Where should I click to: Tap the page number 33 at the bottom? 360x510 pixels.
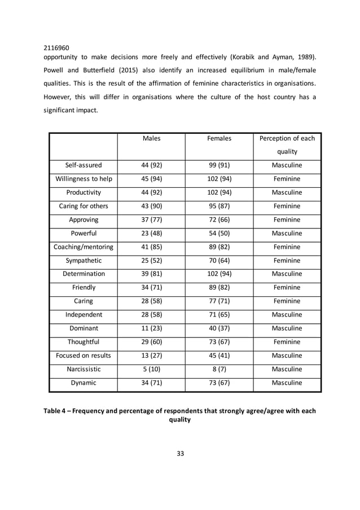[x=179, y=453]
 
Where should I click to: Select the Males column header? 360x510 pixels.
[x=151, y=138]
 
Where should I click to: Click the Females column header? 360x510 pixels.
[x=219, y=138]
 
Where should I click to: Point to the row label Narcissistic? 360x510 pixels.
[x=84, y=369]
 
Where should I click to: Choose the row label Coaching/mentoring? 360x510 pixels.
[x=84, y=247]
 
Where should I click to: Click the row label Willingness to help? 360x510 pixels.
[x=84, y=179]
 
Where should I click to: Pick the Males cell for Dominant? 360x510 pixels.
[x=151, y=328]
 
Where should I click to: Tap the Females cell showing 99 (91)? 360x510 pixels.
[x=219, y=165]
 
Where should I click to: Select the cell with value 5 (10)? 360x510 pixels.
[x=151, y=369]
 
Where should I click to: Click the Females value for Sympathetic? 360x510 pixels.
[x=219, y=260]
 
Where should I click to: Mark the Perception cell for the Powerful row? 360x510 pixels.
[x=287, y=233]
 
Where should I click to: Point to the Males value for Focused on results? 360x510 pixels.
[x=151, y=355]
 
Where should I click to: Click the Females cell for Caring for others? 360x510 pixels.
[x=219, y=206]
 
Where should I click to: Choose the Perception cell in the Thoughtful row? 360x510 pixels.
[x=287, y=342]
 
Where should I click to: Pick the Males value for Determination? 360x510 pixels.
[x=151, y=274]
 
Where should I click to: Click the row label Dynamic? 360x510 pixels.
[x=84, y=383]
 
